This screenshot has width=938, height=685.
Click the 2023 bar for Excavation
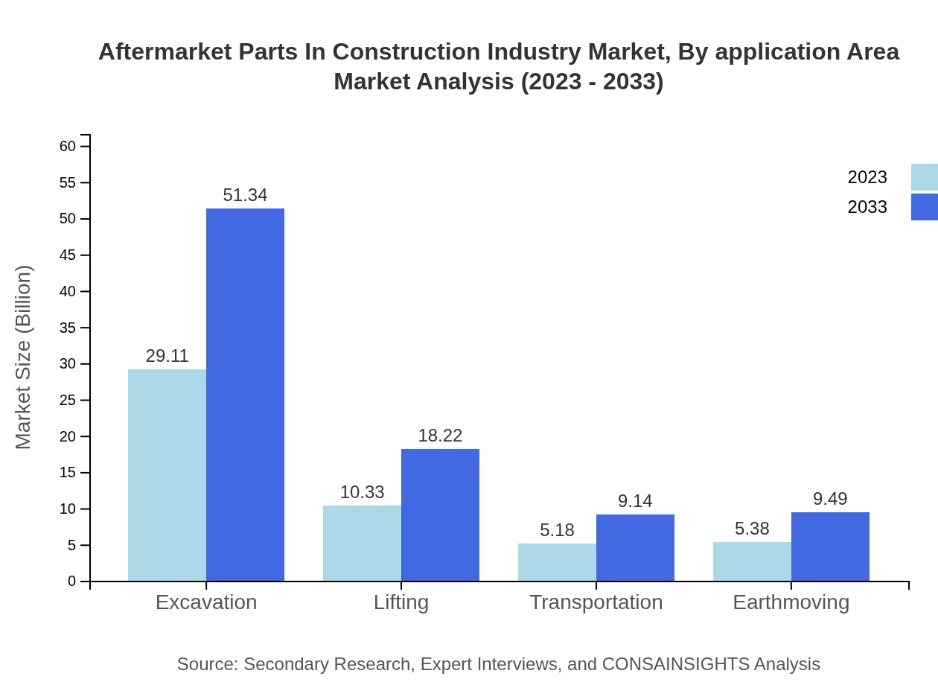click(x=167, y=475)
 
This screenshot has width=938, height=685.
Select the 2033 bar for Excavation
click(x=245, y=395)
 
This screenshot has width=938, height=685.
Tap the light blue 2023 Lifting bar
click(x=362, y=544)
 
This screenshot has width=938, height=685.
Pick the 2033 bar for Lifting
click(x=440, y=515)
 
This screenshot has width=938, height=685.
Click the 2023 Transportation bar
click(x=557, y=562)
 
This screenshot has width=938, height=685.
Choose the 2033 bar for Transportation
click(x=635, y=548)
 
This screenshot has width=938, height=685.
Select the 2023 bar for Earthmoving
click(x=752, y=561)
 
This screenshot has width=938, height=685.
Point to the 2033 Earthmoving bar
click(x=830, y=547)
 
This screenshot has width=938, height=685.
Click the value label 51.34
click(x=245, y=195)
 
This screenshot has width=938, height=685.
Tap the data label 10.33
click(x=362, y=492)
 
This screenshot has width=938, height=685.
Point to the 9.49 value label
click(x=830, y=499)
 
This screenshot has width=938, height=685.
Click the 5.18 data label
click(x=557, y=530)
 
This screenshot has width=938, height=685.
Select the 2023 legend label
click(x=867, y=177)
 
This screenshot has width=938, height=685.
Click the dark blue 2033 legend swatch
click(x=925, y=207)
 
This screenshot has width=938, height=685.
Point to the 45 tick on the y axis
click(x=68, y=255)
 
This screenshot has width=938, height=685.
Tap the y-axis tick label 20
click(x=68, y=436)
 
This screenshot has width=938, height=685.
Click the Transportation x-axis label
click(x=596, y=602)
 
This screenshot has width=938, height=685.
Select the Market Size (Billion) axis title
click(x=24, y=357)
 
